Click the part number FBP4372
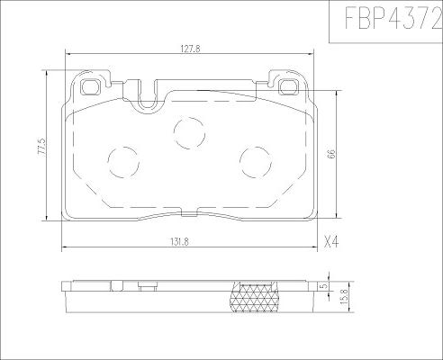(393, 18)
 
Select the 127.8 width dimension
(190, 49)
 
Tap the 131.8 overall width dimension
(179, 242)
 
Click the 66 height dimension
(331, 154)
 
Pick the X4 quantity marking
(331, 241)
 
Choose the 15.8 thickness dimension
(344, 297)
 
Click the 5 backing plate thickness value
(323, 286)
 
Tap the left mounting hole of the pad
(90, 87)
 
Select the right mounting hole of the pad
(289, 87)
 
